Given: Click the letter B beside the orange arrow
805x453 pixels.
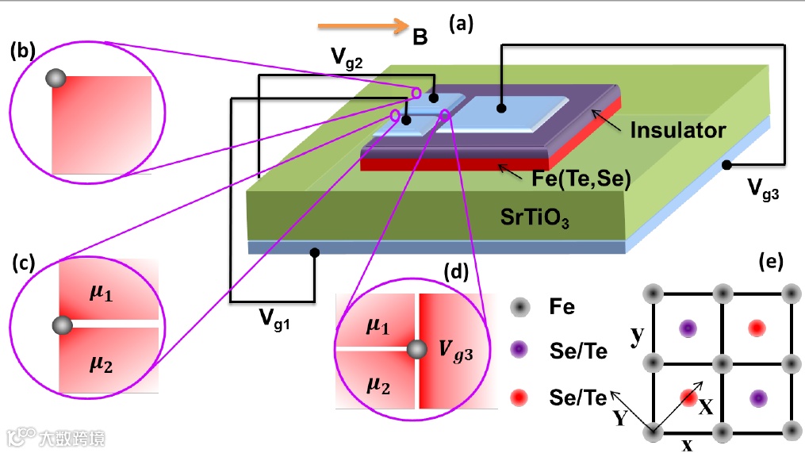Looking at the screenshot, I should point(420,36).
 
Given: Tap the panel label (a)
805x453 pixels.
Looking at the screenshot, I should point(461,23).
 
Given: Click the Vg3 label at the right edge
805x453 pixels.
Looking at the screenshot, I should point(764,189).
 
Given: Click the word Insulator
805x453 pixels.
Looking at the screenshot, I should point(678,130).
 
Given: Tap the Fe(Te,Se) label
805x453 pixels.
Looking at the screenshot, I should point(581,179).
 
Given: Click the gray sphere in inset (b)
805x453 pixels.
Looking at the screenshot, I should point(55,78).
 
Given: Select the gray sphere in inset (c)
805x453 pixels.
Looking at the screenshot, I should point(61,324).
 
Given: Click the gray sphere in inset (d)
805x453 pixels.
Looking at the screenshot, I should point(416,349).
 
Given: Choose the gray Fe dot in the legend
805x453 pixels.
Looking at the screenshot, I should point(519,306).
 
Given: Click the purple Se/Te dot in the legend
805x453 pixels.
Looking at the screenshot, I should point(519,350).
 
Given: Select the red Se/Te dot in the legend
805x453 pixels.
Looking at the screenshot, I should point(519,394).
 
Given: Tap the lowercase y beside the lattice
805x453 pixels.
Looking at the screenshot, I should point(636,337).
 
